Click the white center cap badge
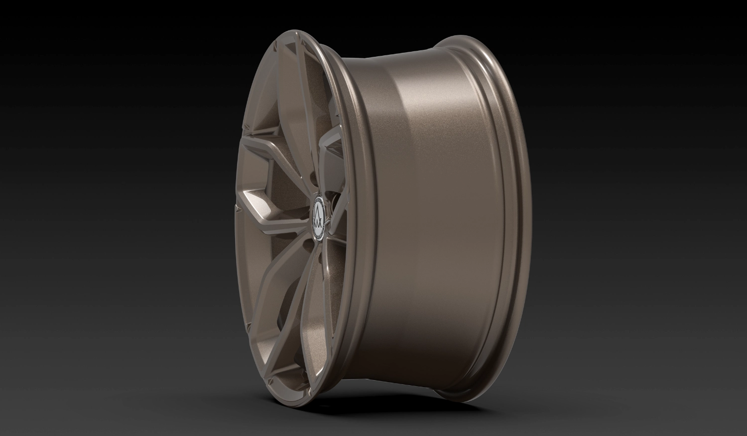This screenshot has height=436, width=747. pos(320,218)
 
